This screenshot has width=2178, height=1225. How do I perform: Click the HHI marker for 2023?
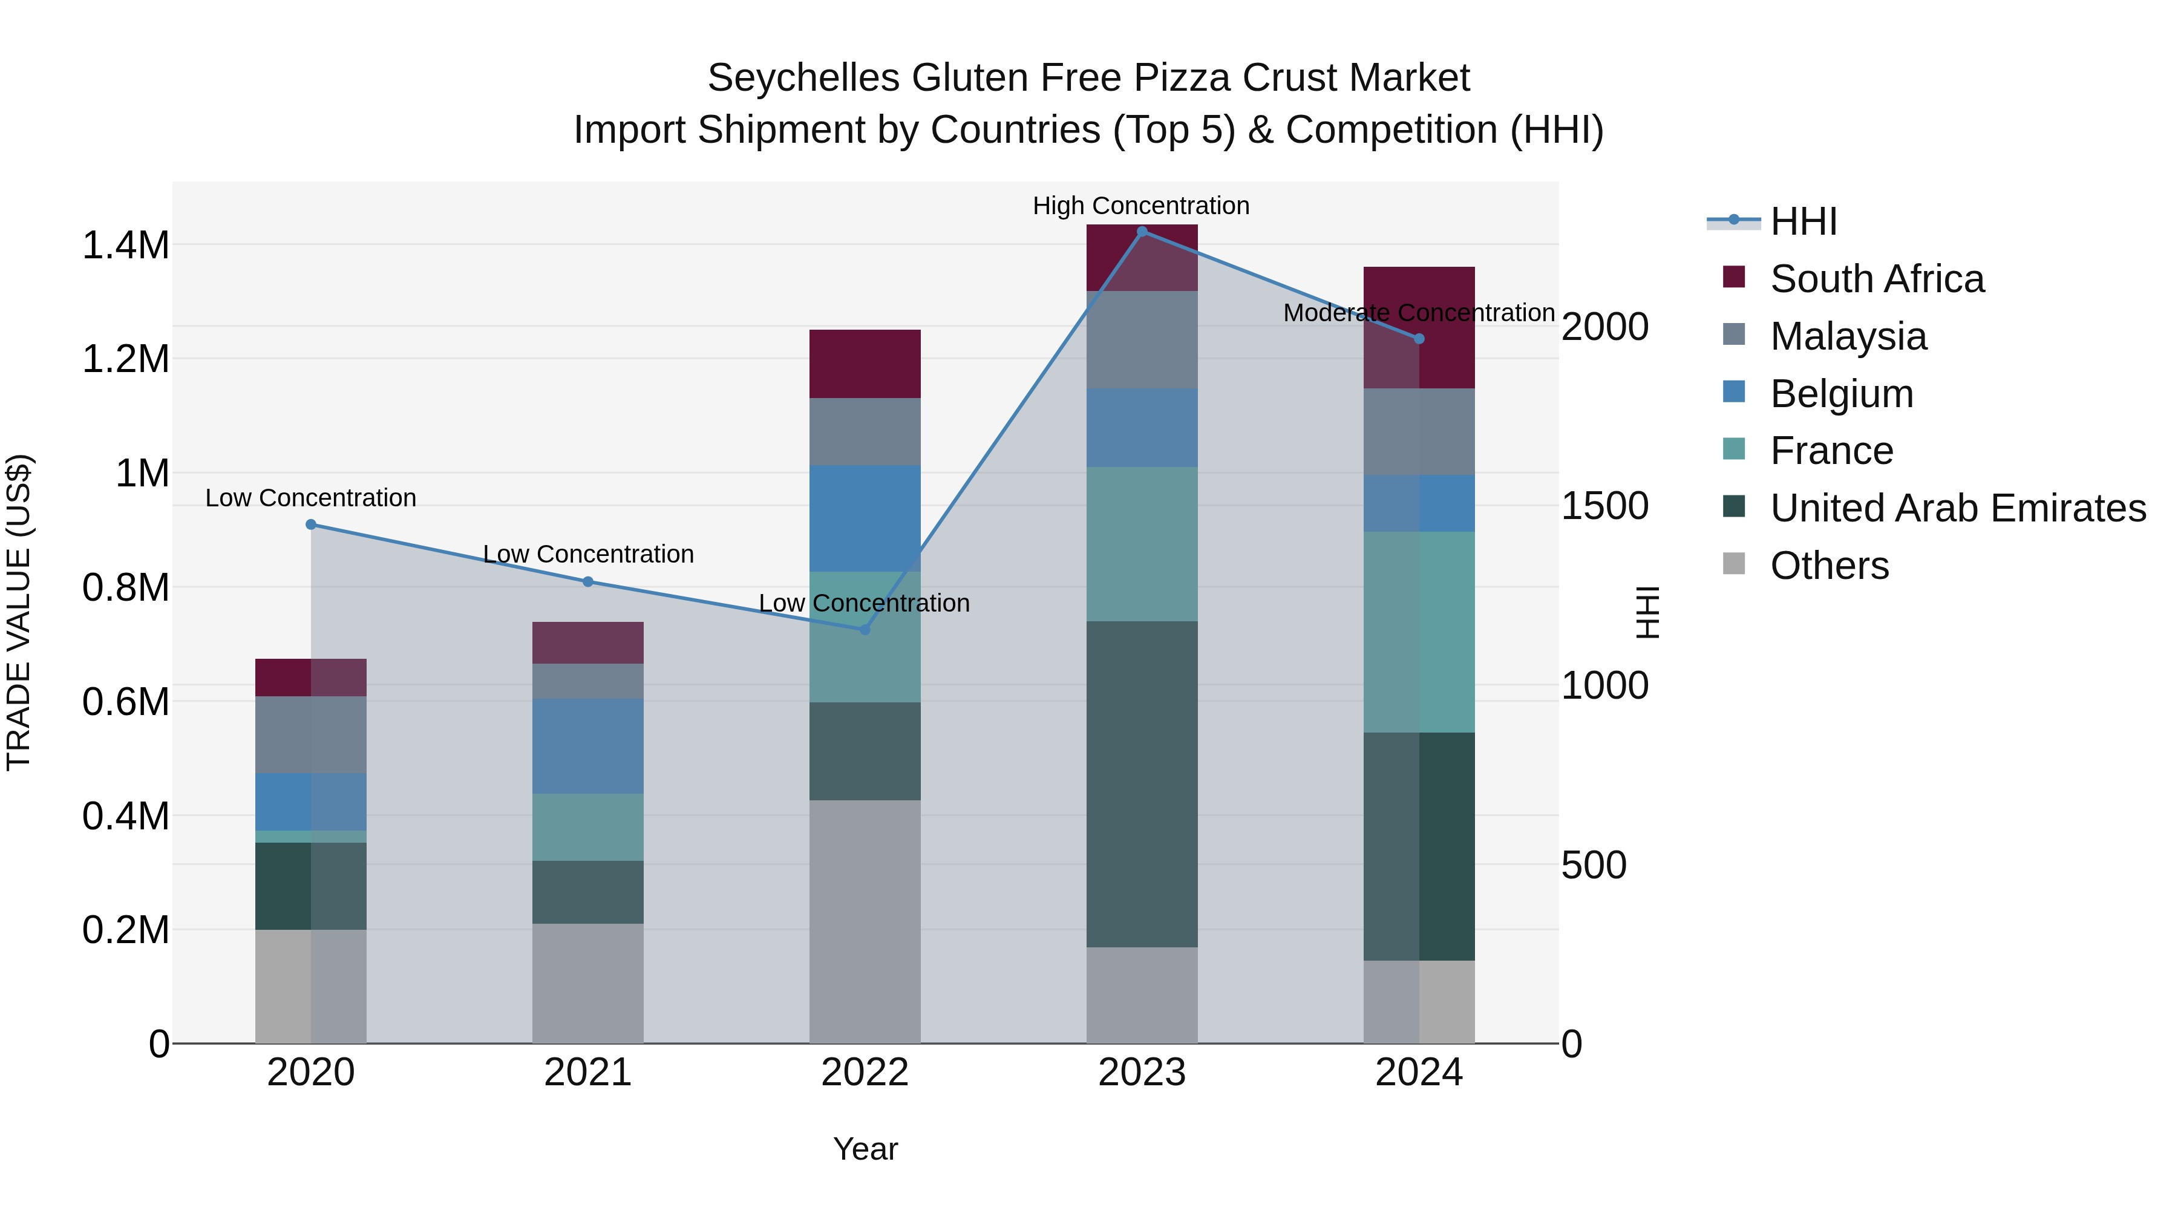1142,232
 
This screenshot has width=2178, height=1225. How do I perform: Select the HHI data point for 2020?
311,524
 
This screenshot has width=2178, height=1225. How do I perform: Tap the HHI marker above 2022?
864,629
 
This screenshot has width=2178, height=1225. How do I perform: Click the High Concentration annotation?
1140,206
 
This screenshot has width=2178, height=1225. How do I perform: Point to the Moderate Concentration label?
1418,313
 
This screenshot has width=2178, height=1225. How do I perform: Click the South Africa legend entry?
1876,279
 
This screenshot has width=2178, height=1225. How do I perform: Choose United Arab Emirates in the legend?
1957,508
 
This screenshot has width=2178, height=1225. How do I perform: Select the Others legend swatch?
1733,564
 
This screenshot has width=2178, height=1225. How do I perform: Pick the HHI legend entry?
1803,221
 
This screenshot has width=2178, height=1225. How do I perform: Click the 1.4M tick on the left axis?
126,245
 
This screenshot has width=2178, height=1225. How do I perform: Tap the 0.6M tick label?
126,702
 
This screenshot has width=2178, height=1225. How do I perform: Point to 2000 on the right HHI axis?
1604,327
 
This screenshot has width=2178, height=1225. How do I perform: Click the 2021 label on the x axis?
587,1073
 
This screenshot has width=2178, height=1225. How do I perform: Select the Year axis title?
865,1149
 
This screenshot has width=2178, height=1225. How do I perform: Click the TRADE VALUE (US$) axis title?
19,612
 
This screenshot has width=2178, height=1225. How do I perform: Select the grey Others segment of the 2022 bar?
864,921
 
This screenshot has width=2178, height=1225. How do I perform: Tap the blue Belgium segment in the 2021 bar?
587,746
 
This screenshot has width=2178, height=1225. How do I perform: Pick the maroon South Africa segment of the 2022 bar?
864,364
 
